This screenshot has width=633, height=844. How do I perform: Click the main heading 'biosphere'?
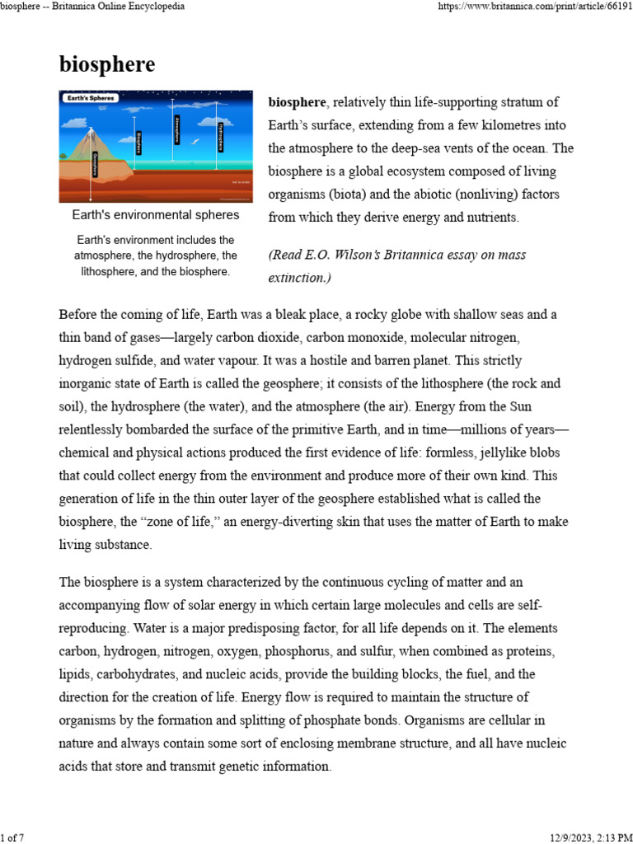106,65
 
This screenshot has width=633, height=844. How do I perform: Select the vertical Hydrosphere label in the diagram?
220,137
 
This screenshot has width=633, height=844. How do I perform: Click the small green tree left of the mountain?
66,157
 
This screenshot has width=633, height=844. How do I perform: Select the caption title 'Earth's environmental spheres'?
156,215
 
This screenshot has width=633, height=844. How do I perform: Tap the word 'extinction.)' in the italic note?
299,278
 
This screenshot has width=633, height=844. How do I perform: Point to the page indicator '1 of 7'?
13,837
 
